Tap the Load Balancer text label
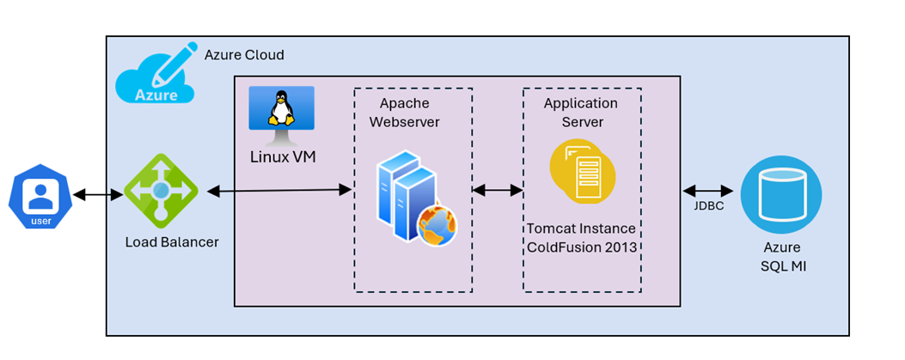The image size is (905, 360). point(172,242)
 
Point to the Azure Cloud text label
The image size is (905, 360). point(244,55)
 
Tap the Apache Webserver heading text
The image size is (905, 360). point(404,113)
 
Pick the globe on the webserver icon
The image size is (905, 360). point(437,226)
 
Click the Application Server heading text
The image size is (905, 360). point(581,113)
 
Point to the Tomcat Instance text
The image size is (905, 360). point(581,229)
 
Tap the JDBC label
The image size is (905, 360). point(707,206)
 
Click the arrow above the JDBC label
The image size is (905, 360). point(707,191)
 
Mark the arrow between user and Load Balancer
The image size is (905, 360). point(98,196)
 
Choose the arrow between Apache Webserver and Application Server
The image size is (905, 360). point(498,190)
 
